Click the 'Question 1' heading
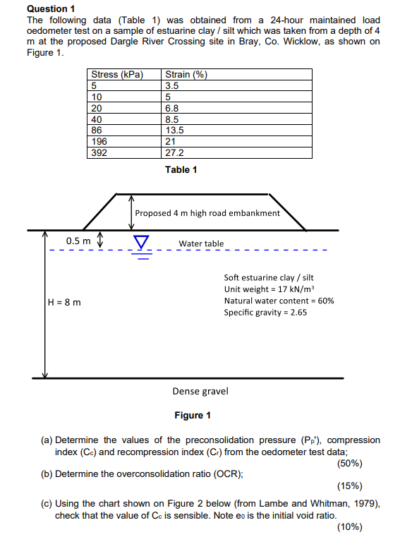coord(50,8)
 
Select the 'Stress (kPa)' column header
coord(117,75)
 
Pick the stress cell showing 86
coord(99,130)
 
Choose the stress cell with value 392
coord(101,152)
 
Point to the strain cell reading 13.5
coord(174,130)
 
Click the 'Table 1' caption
coord(181,169)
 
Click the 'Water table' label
coord(201,243)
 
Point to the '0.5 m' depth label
coord(78,241)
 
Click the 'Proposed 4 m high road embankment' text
coord(207,212)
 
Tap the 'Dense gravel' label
coord(200,391)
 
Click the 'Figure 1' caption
coord(193,415)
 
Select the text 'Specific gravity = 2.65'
coord(265,312)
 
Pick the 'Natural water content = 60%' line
coord(279,301)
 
